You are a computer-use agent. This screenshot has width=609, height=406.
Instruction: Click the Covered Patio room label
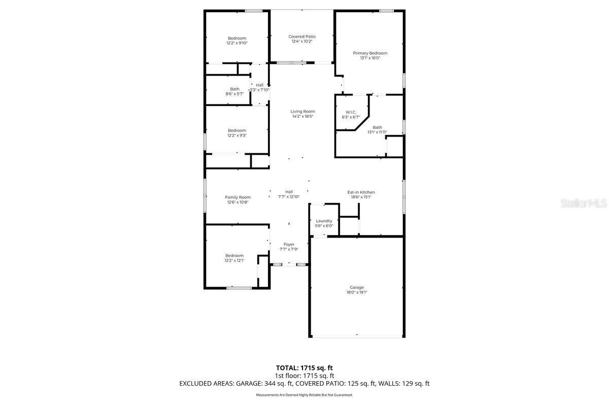click(x=302, y=37)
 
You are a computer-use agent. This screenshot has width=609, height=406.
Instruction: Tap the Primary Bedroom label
click(x=370, y=53)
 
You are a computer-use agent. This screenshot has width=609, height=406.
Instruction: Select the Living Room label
click(x=302, y=112)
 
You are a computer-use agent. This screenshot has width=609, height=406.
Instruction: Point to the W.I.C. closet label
click(x=351, y=112)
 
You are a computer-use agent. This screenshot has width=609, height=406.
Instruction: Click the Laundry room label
click(x=324, y=221)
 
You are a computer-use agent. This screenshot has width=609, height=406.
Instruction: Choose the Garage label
click(x=356, y=287)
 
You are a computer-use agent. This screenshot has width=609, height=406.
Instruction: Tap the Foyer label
click(x=289, y=245)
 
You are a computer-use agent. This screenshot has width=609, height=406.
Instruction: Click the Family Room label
click(x=238, y=197)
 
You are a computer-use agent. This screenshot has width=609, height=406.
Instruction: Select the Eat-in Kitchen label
click(x=361, y=192)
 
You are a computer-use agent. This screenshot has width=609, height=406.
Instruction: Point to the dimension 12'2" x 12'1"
click(x=234, y=260)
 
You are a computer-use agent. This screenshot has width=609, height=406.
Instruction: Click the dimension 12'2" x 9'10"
click(x=236, y=43)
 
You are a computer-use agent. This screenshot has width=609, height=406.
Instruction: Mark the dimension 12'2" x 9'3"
click(x=236, y=136)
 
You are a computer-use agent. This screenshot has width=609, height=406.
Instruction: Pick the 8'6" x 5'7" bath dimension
click(x=234, y=94)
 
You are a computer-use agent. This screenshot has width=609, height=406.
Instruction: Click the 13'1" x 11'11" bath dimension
click(x=377, y=132)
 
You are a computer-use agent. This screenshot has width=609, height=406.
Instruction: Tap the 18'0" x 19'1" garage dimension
click(x=356, y=292)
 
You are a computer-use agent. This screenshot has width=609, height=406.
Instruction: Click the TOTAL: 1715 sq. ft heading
click(x=304, y=367)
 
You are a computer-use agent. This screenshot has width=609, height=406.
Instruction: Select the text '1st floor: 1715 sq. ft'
click(x=304, y=376)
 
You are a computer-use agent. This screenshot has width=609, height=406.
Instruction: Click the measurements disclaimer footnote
click(x=304, y=395)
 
